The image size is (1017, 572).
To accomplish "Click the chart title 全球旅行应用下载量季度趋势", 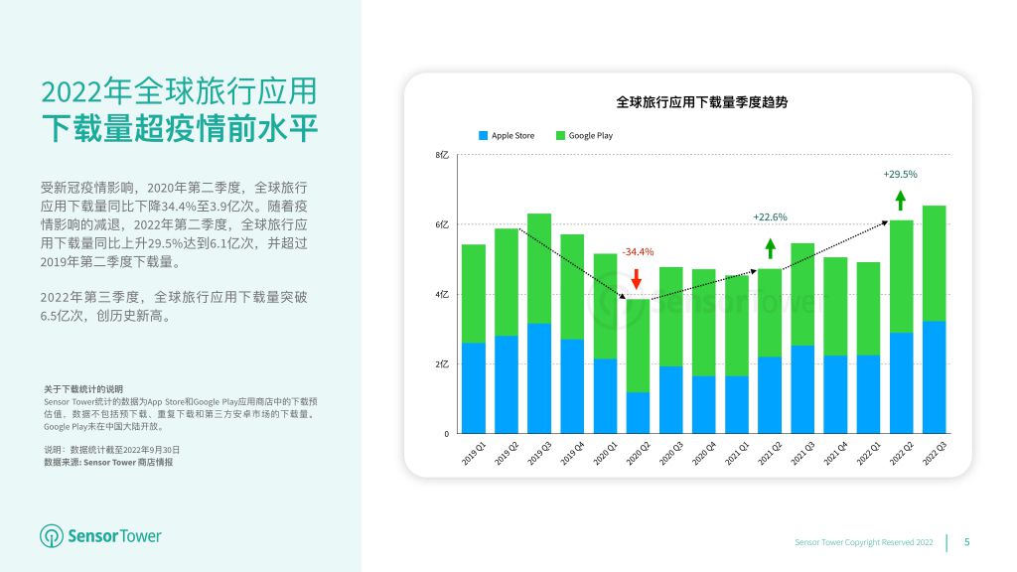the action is tap(702, 102).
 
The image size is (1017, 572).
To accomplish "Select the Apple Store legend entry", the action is tap(507, 135).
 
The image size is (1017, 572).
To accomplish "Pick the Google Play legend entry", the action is tap(584, 135).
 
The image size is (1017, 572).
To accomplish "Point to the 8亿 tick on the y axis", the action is tap(442, 155).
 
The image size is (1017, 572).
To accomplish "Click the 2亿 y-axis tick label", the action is tap(442, 364).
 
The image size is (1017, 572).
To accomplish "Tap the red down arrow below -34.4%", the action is tap(637, 279).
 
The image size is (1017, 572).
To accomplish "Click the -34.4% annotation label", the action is tap(638, 251).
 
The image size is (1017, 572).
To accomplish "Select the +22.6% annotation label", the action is tap(770, 217).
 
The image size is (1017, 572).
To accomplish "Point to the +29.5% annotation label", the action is tap(900, 175).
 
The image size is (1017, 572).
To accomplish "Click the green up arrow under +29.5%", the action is tap(900, 200).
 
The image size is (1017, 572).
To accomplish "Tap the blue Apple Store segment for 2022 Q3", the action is tap(934, 376).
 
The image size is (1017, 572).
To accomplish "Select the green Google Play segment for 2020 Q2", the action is tap(638, 345).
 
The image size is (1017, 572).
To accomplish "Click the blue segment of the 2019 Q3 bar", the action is tap(539, 378).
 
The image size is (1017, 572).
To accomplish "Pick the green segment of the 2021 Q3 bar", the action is tap(802, 294).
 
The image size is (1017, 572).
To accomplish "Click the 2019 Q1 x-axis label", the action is tap(474, 453).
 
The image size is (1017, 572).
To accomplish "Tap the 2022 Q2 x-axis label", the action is tap(901, 453).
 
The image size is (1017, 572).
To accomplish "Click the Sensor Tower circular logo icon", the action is tap(52, 536).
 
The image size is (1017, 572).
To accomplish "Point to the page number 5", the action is tap(967, 542).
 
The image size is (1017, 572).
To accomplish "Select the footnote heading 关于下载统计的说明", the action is tap(83, 389).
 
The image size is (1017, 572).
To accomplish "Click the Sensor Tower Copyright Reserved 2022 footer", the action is tap(864, 542).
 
